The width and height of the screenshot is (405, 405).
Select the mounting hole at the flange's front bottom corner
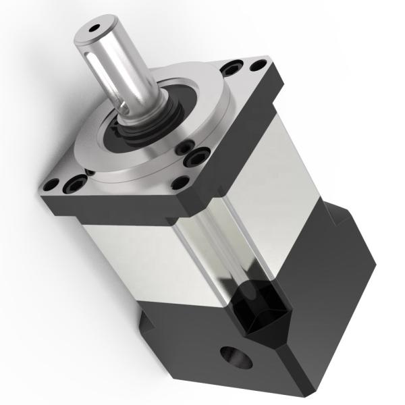click(179, 183)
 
